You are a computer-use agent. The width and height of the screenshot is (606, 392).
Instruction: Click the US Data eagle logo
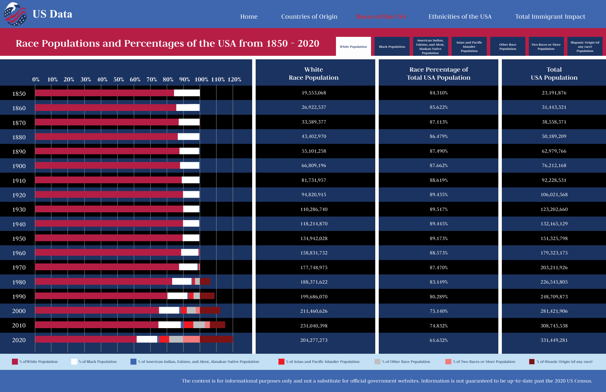(15, 14)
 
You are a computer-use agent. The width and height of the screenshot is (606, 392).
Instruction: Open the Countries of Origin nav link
(309, 16)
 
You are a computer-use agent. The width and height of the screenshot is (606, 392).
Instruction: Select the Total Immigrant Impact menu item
(550, 16)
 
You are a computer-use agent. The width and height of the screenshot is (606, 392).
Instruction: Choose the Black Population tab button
(392, 46)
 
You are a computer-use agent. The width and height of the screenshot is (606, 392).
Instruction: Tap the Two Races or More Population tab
(546, 46)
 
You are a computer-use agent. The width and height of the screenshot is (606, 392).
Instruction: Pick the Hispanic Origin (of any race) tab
(585, 46)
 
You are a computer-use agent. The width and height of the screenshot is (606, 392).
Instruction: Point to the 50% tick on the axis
(119, 80)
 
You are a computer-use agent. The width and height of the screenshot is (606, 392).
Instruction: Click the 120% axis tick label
(234, 80)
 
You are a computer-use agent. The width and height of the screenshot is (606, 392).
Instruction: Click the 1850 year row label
(19, 94)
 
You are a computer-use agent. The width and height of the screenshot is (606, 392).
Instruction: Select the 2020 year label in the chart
(19, 340)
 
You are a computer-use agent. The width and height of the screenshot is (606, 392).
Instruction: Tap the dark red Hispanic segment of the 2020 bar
(216, 339)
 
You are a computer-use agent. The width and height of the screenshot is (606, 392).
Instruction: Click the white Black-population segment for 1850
(187, 93)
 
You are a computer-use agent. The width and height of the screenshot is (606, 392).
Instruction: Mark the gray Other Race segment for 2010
(199, 325)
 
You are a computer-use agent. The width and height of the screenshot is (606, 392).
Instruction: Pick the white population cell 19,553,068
(314, 93)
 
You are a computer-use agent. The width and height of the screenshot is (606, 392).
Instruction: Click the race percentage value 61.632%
(438, 340)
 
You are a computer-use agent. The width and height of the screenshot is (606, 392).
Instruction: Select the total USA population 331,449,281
(554, 340)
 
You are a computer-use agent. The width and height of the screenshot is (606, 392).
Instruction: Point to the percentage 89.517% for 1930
(438, 209)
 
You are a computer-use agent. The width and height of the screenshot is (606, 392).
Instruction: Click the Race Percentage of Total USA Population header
(438, 74)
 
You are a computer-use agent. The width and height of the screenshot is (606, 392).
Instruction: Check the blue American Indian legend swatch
(133, 361)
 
